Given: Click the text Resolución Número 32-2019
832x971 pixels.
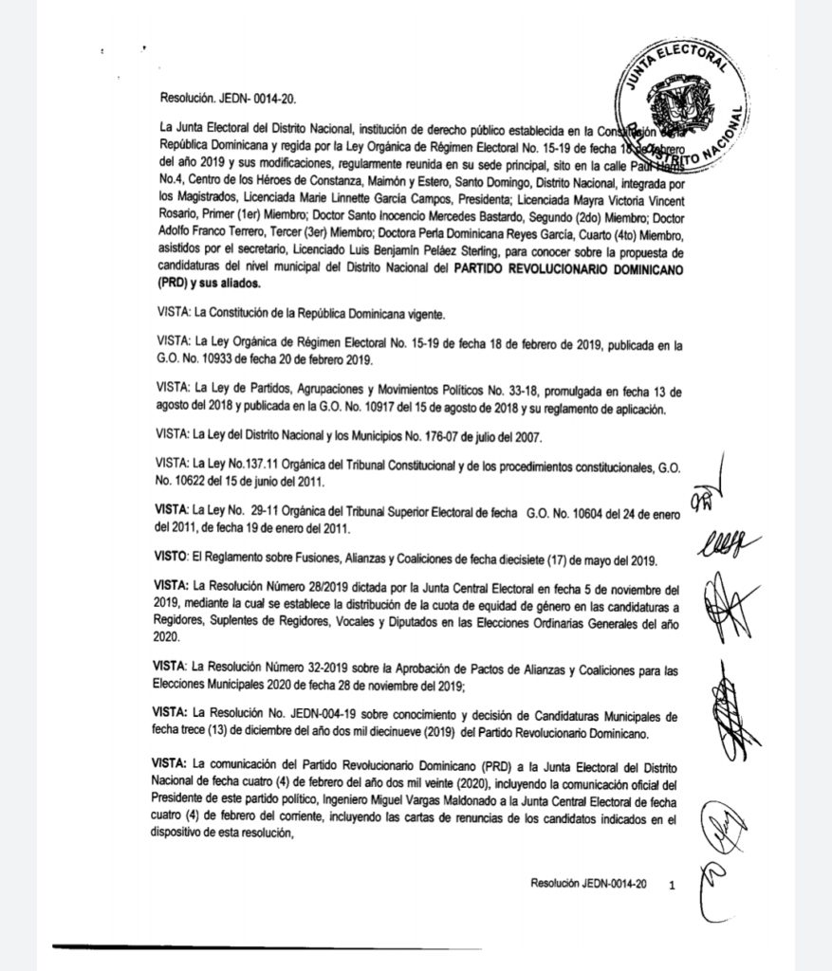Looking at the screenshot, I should tap(267, 670).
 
